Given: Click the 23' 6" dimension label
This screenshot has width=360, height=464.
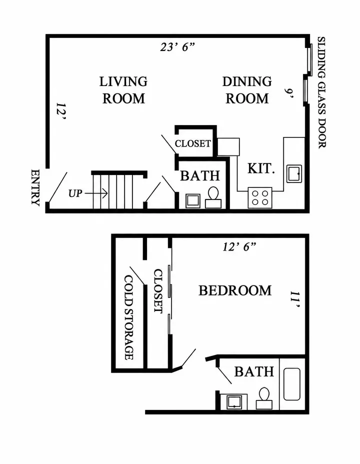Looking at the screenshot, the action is click(x=177, y=47).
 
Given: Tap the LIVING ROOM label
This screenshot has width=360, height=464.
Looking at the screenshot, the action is click(x=123, y=90).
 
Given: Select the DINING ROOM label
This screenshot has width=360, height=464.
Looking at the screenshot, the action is click(x=247, y=90).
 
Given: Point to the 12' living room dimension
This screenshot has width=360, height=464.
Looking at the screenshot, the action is click(x=61, y=112).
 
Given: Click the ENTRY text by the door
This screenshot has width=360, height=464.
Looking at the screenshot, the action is click(x=35, y=187).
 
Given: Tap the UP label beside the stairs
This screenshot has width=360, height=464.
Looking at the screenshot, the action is click(x=75, y=193).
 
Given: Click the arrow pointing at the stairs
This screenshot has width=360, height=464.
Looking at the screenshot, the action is click(x=96, y=193).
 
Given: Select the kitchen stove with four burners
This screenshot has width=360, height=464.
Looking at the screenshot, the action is click(x=260, y=197).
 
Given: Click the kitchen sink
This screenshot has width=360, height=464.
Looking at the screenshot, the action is click(x=294, y=173).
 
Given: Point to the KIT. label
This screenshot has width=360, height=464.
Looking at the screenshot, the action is click(x=261, y=168).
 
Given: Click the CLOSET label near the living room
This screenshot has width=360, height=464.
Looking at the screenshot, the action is click(x=193, y=143).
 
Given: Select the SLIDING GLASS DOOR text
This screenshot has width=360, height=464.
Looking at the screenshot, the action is click(x=321, y=92).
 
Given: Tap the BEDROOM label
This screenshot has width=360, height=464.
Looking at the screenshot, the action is click(x=235, y=290).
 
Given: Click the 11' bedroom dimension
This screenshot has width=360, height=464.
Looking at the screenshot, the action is click(x=295, y=299).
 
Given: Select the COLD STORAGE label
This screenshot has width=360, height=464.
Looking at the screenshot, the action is click(x=128, y=317).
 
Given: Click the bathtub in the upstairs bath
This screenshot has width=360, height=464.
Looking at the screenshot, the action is click(x=292, y=384).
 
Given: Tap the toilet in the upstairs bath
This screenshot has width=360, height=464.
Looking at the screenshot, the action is click(x=264, y=398).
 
